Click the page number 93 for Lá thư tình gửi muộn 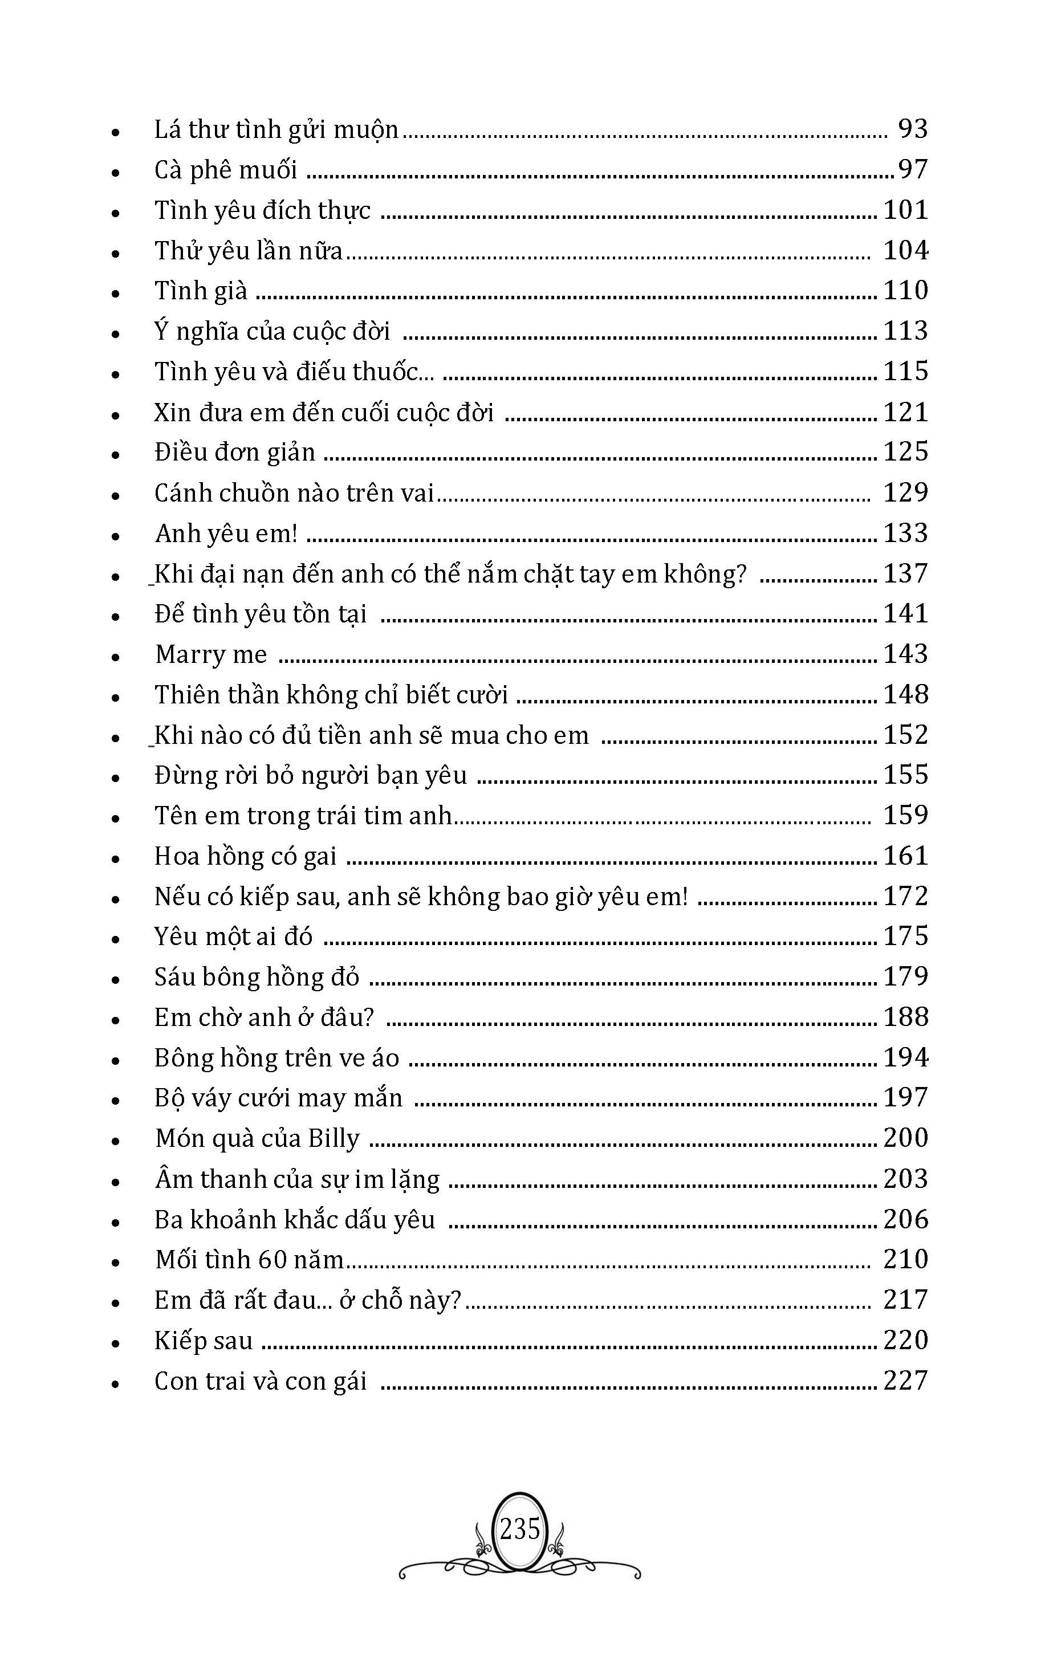[x=912, y=129]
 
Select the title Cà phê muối [x=225, y=170]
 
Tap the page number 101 [x=905, y=210]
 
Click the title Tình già [x=200, y=291]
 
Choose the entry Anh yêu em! [x=226, y=534]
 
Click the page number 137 [x=905, y=573]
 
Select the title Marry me [x=210, y=654]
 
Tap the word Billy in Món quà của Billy [x=333, y=1139]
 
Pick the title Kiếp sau [x=203, y=1341]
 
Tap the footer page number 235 [x=519, y=1530]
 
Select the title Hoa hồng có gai [x=245, y=857]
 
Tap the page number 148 [x=905, y=694]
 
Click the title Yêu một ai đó [x=233, y=937]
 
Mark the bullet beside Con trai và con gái [x=116, y=1384]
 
